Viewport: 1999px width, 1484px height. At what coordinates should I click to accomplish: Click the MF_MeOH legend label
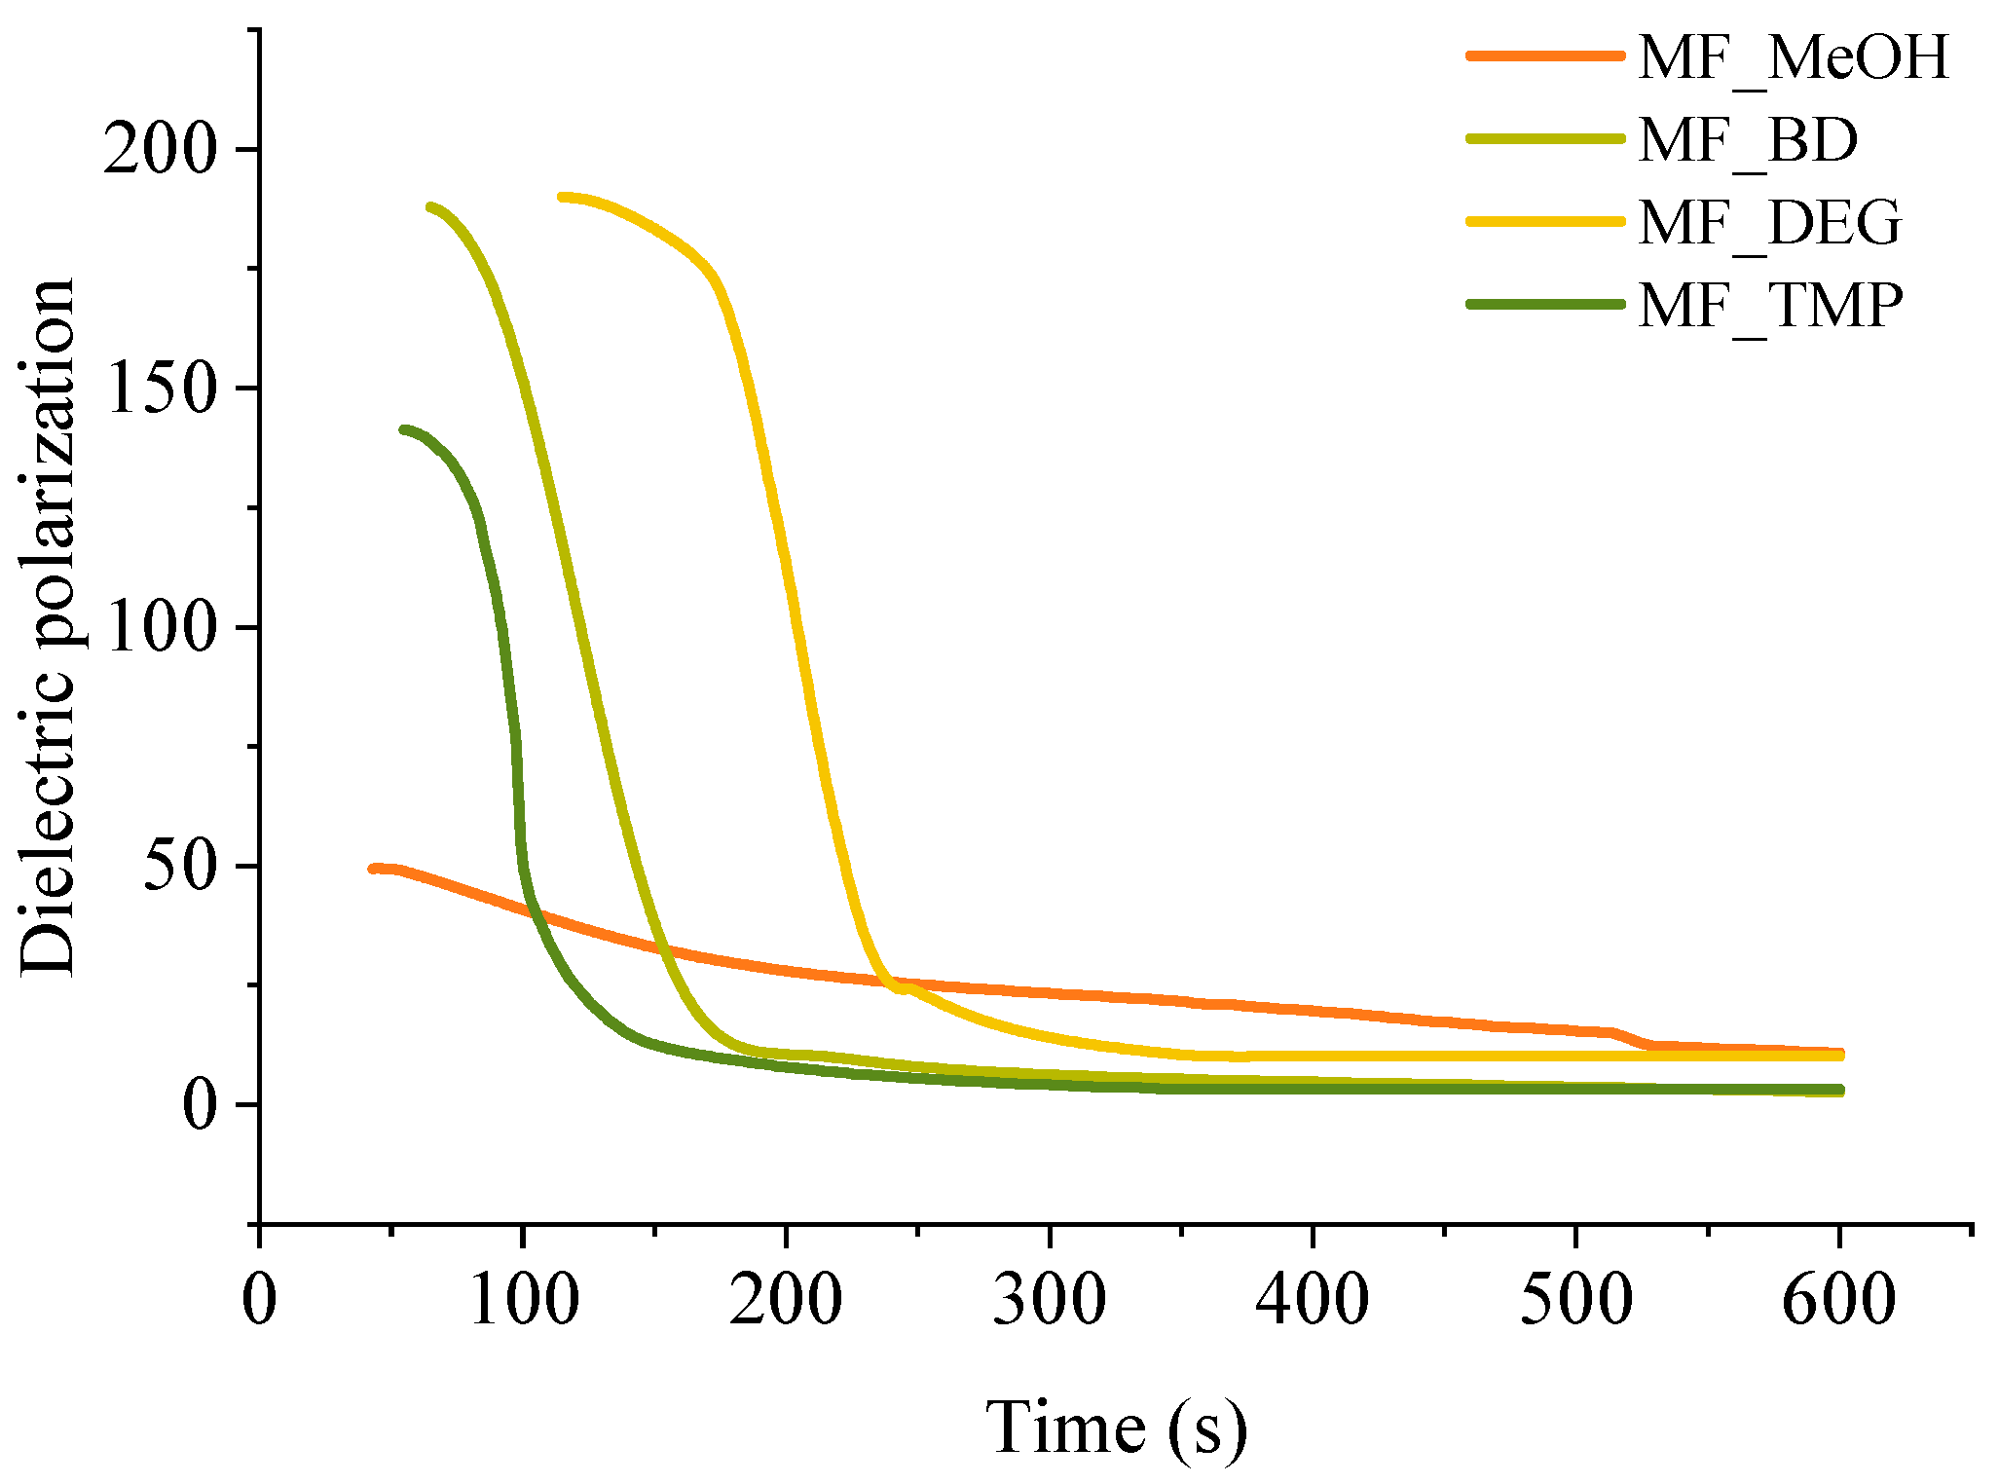pyautogui.click(x=1794, y=57)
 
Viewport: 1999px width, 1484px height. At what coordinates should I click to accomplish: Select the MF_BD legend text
pyautogui.click(x=1748, y=140)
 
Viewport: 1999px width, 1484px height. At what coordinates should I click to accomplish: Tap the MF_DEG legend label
pyautogui.click(x=1769, y=223)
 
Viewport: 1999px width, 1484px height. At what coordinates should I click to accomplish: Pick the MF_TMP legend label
pyautogui.click(x=1770, y=306)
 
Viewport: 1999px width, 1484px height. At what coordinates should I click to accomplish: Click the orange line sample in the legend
pyautogui.click(x=1545, y=56)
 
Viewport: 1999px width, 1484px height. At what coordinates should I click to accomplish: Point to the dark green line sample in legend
pyautogui.click(x=1545, y=304)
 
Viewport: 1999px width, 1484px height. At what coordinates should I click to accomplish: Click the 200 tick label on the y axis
pyautogui.click(x=158, y=150)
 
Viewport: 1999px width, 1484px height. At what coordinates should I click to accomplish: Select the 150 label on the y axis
pyautogui.click(x=158, y=389)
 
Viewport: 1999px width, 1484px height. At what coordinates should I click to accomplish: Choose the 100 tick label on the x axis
pyautogui.click(x=523, y=1300)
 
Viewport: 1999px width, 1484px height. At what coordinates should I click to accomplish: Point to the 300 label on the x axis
pyautogui.click(x=1049, y=1300)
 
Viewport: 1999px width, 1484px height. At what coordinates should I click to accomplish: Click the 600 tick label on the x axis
pyautogui.click(x=1838, y=1300)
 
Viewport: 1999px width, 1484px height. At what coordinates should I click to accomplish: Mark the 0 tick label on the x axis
pyautogui.click(x=259, y=1300)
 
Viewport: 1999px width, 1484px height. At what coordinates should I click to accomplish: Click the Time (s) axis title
pyautogui.click(x=1116, y=1428)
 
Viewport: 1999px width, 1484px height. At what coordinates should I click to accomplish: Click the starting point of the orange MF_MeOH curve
pyautogui.click(x=374, y=869)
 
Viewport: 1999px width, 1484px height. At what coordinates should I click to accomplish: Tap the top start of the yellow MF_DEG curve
pyautogui.click(x=563, y=198)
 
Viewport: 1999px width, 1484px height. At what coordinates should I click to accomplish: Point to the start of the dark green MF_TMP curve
pyautogui.click(x=404, y=429)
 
